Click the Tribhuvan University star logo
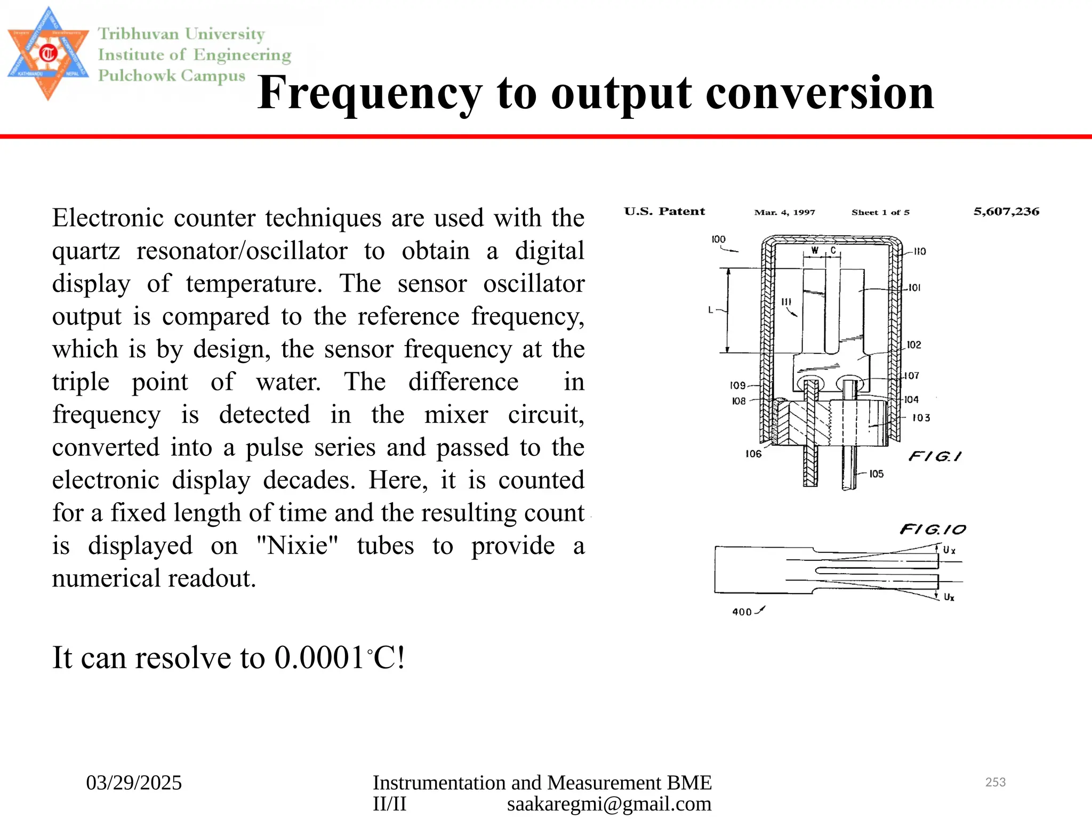[x=48, y=54]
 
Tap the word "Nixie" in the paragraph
[x=298, y=545]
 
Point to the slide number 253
[x=995, y=782]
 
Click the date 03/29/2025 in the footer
[x=134, y=783]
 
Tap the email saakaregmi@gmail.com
[x=609, y=804]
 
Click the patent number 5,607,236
[x=1006, y=212]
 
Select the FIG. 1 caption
[x=935, y=456]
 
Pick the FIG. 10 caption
[x=933, y=529]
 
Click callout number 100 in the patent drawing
[x=718, y=239]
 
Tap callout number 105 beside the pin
[x=876, y=473]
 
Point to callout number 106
[x=753, y=454]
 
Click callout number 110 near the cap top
[x=920, y=251]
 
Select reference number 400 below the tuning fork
[x=742, y=612]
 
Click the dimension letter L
[x=711, y=309]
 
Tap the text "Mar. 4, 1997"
[x=784, y=212]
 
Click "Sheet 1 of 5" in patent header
[x=880, y=212]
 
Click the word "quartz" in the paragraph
[x=86, y=251]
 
